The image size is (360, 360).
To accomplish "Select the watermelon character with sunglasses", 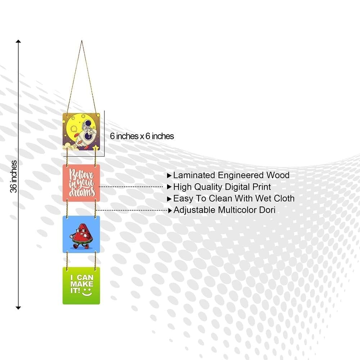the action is pos(81,236).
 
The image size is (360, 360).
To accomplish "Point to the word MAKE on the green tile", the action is pos(82,284).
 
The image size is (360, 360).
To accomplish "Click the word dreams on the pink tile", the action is pos(82,192).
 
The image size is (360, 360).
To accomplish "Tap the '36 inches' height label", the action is pos(14,176).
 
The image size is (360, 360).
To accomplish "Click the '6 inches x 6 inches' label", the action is pos(142,136).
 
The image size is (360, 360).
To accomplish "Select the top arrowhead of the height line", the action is pos(18,41).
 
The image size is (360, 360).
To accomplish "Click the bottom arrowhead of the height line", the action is pos(18,308).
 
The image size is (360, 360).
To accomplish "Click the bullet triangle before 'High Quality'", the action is pos(169,187).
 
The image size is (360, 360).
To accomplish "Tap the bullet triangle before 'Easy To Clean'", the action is pos(169,199).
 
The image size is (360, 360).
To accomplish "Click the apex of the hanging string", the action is pos(82,41).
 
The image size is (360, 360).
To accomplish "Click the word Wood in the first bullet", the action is pos(278,175).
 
